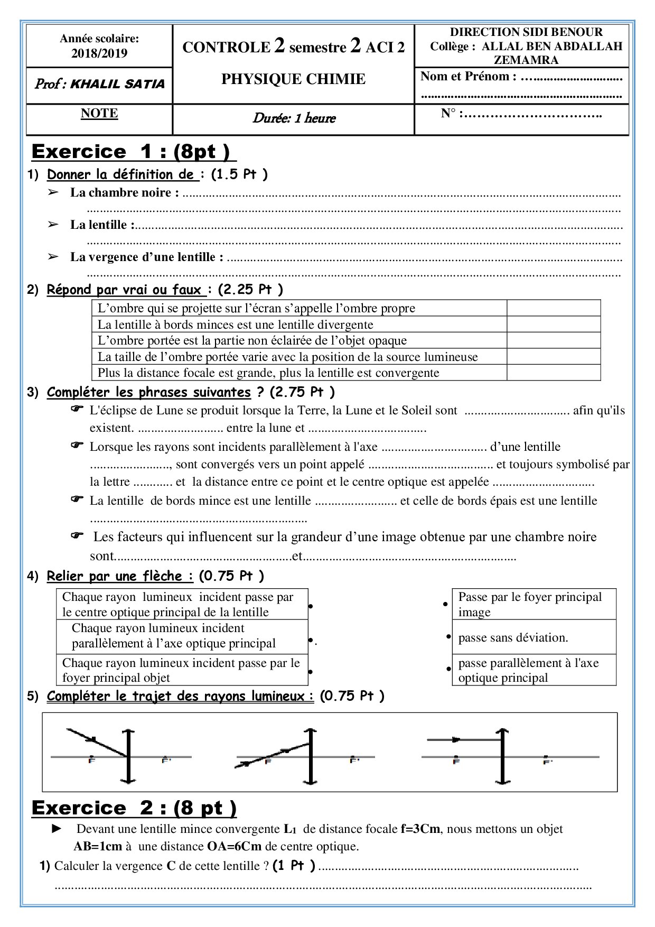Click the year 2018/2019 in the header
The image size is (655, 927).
(99, 53)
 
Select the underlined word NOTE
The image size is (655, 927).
(99, 113)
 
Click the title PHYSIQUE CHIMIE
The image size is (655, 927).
(293, 79)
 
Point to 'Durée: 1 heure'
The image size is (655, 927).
(294, 118)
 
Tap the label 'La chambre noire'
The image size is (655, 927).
(124, 192)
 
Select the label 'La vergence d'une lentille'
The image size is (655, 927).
(146, 257)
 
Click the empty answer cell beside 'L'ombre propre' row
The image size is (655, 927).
(553, 308)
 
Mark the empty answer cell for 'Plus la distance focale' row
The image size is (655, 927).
(553, 373)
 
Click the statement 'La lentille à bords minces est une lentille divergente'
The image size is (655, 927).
(235, 325)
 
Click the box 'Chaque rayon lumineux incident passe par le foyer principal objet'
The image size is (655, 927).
(182, 670)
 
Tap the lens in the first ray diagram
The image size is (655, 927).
(128, 757)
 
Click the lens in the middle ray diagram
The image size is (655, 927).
(312, 757)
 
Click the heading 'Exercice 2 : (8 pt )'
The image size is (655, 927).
(134, 808)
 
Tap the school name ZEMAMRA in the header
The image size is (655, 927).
(526, 60)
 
